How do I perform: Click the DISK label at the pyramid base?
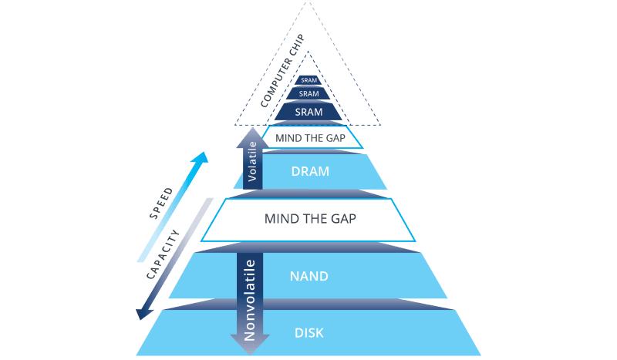pyautogui.click(x=308, y=334)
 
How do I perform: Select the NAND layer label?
pyautogui.click(x=308, y=275)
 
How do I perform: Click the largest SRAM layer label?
pyautogui.click(x=308, y=111)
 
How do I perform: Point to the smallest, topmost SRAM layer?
pyautogui.click(x=308, y=79)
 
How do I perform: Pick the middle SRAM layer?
pyautogui.click(x=308, y=93)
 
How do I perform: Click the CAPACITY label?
pyautogui.click(x=165, y=255)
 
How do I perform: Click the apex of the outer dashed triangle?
pyautogui.click(x=308, y=2)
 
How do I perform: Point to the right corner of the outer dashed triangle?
pyautogui.click(x=380, y=124)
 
